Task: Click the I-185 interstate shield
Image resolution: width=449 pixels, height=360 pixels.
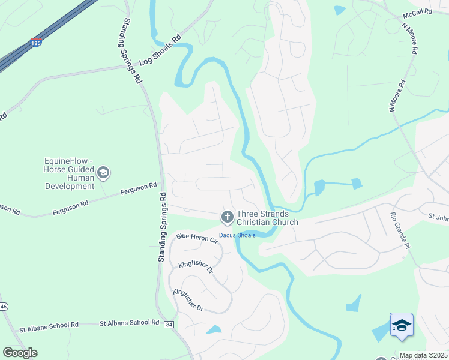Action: click(36, 43)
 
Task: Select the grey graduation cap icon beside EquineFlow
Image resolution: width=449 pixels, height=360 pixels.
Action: click(103, 173)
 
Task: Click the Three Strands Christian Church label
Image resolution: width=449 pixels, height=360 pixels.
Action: click(267, 218)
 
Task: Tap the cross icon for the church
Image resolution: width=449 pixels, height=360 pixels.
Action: click(227, 217)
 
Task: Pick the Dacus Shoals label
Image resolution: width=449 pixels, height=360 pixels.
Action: click(237, 235)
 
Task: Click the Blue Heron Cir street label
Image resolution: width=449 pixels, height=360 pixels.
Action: click(197, 238)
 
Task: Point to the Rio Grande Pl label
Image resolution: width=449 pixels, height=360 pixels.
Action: click(400, 230)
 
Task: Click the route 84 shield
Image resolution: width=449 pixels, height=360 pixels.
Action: click(170, 325)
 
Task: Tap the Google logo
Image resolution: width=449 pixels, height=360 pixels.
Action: click(20, 353)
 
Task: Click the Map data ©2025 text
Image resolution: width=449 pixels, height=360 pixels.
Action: click(423, 355)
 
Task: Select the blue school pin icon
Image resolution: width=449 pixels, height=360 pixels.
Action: click(401, 326)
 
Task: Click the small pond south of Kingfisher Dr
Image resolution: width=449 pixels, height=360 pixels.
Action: click(213, 329)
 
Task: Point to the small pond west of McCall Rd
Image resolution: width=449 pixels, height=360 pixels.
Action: click(340, 10)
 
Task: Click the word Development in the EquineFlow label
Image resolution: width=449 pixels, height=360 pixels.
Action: click(70, 187)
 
